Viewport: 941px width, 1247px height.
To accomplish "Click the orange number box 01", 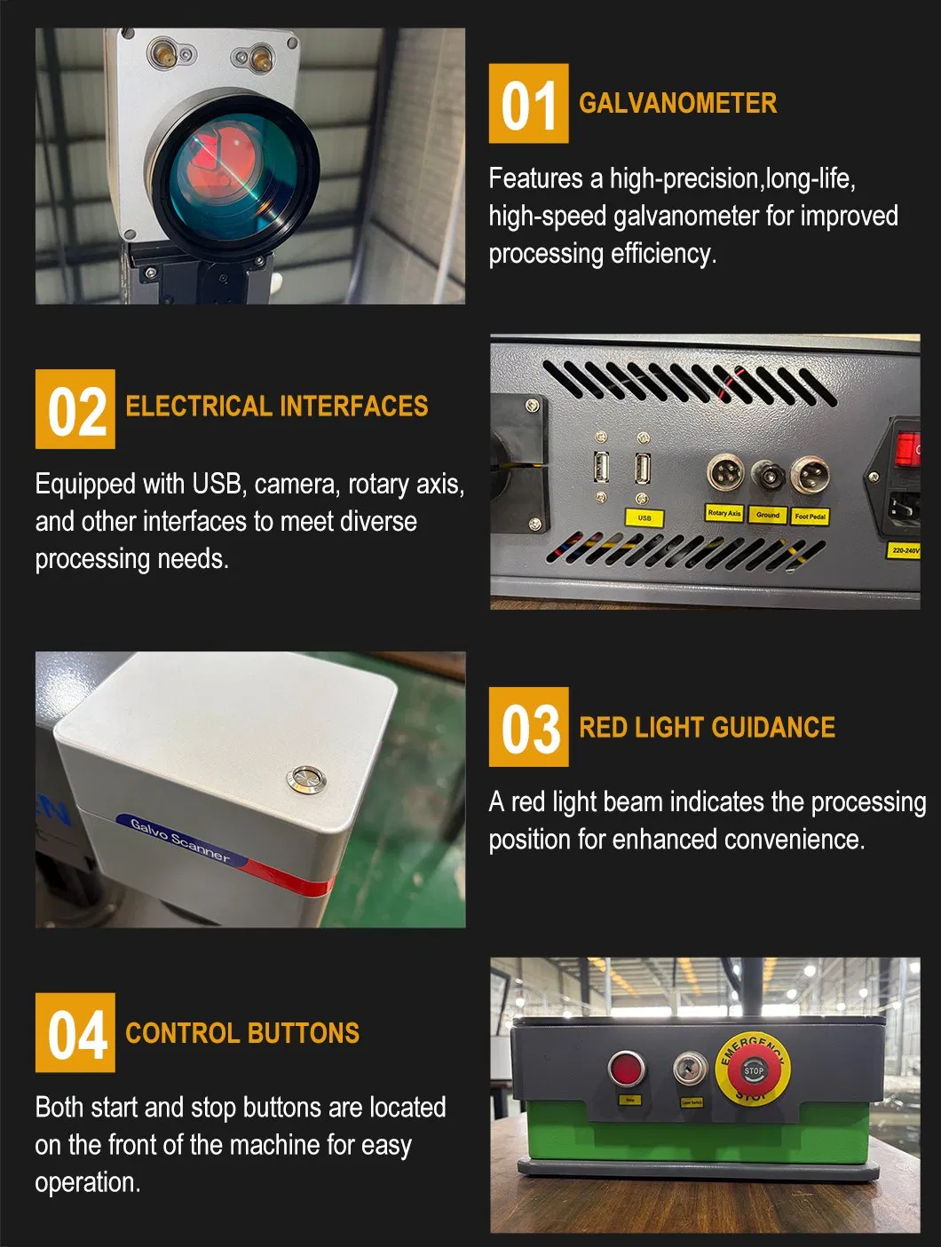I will [528, 104].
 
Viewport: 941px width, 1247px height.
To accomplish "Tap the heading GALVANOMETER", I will [677, 103].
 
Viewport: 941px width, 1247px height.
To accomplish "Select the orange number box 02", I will [75, 409].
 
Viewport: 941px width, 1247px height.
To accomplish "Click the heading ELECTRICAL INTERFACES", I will [277, 406].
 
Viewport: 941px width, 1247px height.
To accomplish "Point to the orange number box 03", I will [528, 727].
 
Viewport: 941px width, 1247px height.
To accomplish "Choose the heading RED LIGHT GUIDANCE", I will [707, 728].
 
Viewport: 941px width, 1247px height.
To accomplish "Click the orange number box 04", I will [75, 1032].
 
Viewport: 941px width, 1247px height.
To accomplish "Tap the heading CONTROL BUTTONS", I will [242, 1033].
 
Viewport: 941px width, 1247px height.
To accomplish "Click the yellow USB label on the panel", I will [644, 517].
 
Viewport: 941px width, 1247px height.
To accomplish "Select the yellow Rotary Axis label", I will [724, 513].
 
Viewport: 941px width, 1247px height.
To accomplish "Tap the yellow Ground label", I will [767, 515].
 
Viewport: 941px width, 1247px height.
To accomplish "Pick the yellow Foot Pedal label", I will [810, 516].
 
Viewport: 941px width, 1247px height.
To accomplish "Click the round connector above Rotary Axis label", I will [724, 473].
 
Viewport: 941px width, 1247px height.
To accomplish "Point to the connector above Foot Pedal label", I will [809, 475].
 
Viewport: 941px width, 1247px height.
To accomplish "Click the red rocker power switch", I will [906, 450].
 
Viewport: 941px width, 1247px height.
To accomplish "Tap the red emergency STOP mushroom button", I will [753, 1071].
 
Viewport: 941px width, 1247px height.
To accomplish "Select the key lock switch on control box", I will [690, 1069].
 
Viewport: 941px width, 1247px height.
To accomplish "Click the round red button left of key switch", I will [627, 1069].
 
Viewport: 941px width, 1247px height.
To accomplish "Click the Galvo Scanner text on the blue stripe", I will [180, 840].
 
